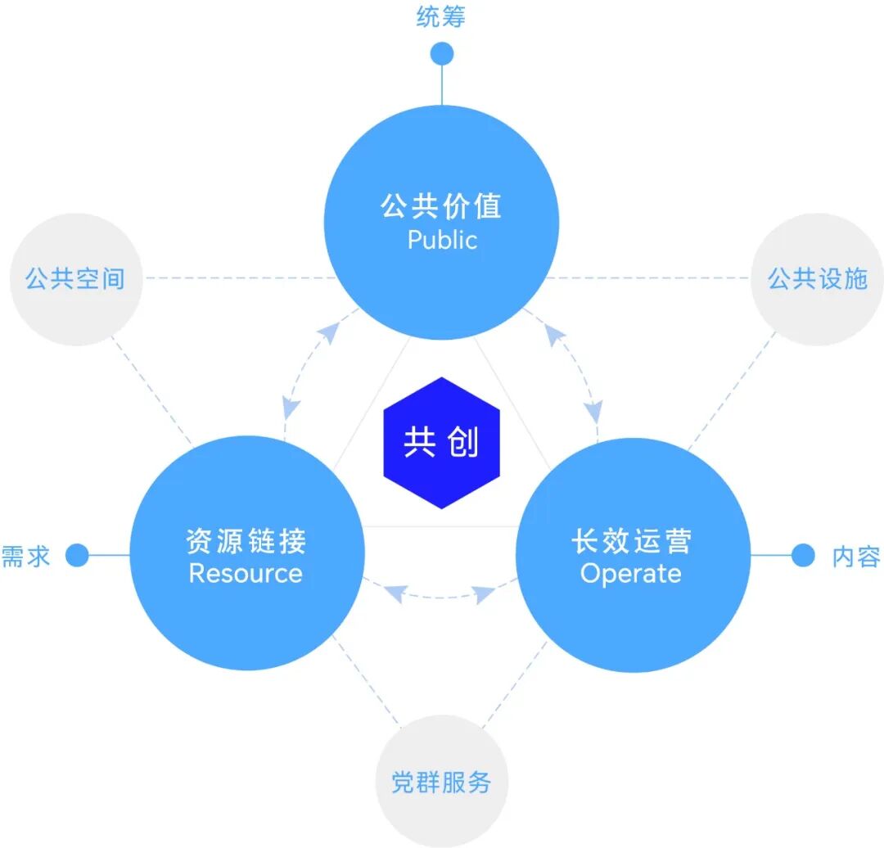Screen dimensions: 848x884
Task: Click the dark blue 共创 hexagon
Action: click(441, 443)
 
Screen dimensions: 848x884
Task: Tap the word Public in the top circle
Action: click(442, 240)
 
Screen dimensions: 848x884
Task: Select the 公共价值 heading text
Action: click(441, 205)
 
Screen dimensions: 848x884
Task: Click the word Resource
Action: click(246, 573)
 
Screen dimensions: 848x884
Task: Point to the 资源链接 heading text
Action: click(246, 541)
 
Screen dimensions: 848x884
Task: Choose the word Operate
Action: click(631, 573)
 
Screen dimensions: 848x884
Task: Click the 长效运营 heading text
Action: click(631, 541)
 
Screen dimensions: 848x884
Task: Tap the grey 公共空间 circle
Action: click(75, 279)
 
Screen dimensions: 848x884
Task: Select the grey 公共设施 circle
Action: click(816, 279)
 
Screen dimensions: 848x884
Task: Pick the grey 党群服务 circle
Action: click(441, 782)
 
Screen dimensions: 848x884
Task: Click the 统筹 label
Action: click(441, 17)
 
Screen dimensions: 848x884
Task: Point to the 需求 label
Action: click(25, 557)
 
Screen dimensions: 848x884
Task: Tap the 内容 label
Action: click(856, 557)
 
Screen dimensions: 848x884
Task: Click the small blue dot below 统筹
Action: click(442, 54)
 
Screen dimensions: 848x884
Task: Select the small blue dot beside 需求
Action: click(77, 556)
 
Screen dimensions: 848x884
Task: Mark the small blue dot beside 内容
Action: click(804, 556)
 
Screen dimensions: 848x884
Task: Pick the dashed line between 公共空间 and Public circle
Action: click(237, 278)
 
